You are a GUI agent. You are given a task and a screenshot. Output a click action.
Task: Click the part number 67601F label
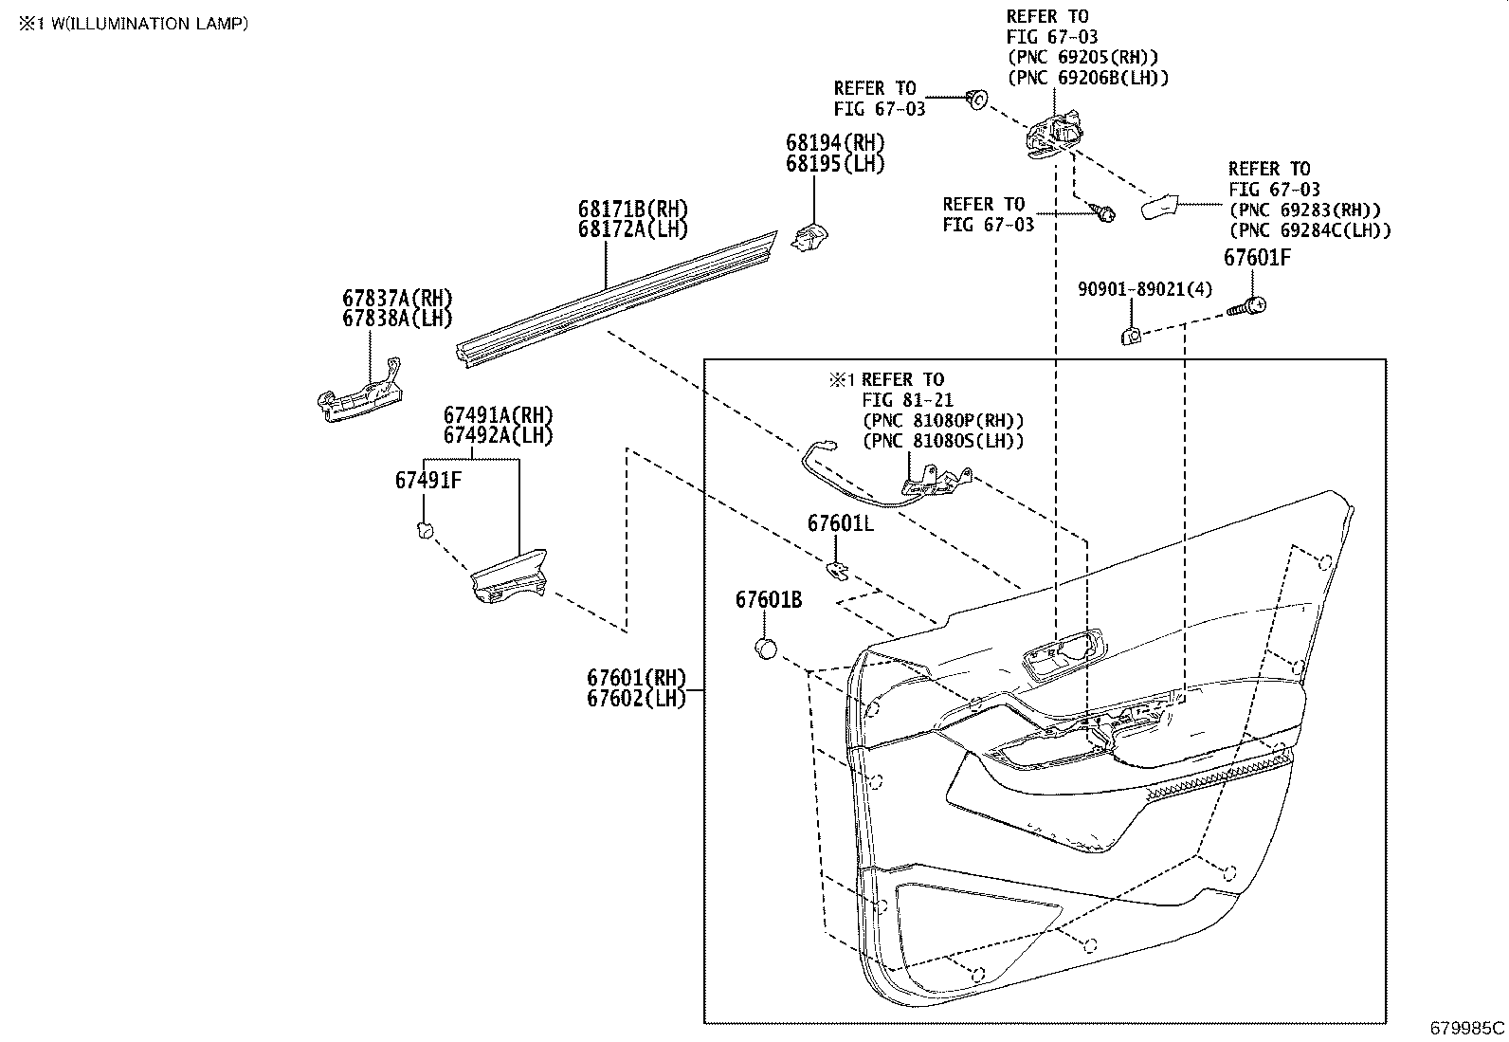(x=1257, y=258)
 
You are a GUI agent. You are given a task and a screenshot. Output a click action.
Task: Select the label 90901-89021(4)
(x=1145, y=288)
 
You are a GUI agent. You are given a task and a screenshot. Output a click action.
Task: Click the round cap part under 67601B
(x=766, y=649)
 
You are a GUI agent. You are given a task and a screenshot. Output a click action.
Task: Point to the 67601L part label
(x=841, y=523)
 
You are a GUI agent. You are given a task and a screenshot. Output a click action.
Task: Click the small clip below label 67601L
(x=838, y=569)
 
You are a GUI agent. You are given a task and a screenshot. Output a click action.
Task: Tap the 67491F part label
(x=428, y=481)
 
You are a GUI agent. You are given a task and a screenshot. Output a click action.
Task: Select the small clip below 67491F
(x=426, y=530)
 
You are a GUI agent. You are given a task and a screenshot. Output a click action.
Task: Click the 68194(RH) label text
(x=834, y=142)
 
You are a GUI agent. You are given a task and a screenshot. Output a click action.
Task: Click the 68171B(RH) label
(x=633, y=209)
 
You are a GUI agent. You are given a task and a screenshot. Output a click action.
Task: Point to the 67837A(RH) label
(x=397, y=298)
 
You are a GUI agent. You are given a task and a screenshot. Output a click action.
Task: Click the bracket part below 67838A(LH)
(x=358, y=394)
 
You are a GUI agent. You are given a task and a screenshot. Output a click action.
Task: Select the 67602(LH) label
(x=635, y=699)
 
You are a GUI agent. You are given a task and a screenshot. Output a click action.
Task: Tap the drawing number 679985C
(x=1467, y=1028)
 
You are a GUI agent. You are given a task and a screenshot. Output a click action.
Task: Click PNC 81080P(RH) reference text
(x=943, y=421)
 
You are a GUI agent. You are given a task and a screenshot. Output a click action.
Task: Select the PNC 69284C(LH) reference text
(x=1310, y=230)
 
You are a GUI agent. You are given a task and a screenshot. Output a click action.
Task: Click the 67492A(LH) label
(x=498, y=436)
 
